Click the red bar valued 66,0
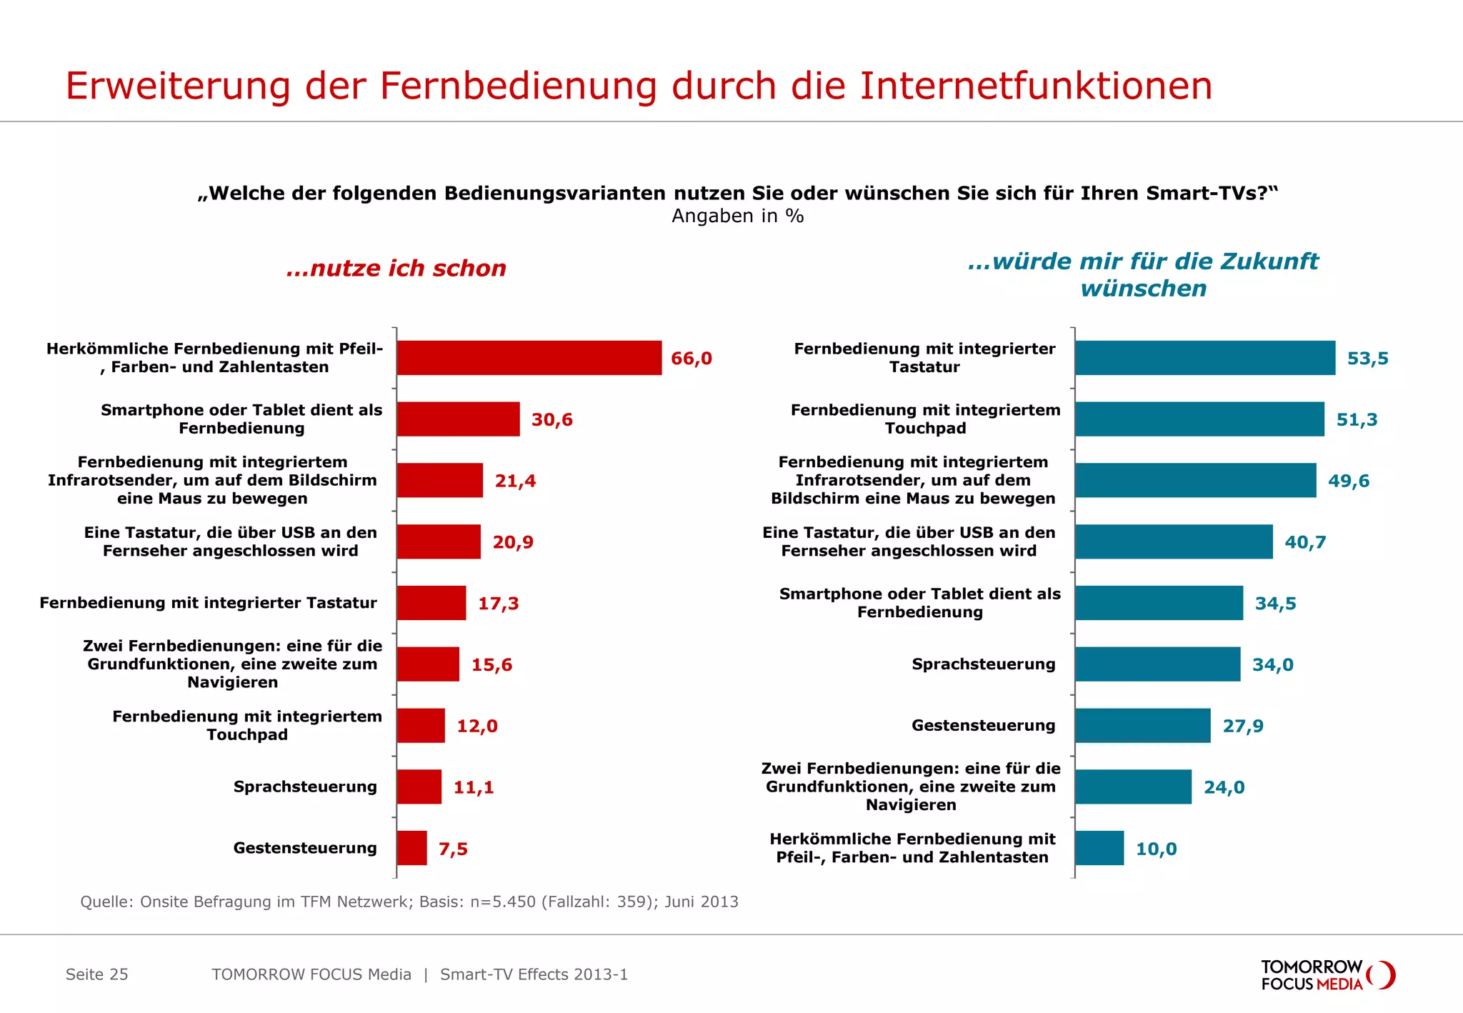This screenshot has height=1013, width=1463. click(x=529, y=358)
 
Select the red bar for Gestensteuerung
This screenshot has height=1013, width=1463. click(x=412, y=848)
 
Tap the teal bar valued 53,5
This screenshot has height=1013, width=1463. click(x=1204, y=358)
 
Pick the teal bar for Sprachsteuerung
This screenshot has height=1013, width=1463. click(x=1157, y=664)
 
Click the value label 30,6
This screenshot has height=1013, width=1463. click(x=551, y=420)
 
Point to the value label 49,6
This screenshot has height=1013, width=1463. click(x=1348, y=481)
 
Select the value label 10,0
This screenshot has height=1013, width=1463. click(x=1156, y=849)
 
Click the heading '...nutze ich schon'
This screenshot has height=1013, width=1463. click(x=396, y=269)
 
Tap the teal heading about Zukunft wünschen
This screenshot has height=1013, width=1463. click(x=1143, y=275)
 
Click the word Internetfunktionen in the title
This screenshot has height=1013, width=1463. click(x=1036, y=86)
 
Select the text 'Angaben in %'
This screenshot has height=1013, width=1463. click(x=737, y=216)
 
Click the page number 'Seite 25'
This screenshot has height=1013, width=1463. click(x=97, y=974)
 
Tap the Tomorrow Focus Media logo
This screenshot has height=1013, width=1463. click(x=1327, y=975)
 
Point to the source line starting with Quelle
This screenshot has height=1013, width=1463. click(x=409, y=902)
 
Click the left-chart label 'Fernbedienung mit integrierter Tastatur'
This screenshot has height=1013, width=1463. click(x=208, y=603)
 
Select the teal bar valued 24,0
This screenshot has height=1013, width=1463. click(x=1133, y=787)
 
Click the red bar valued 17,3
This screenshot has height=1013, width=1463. click(x=431, y=603)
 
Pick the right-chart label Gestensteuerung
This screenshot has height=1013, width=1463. click(x=983, y=726)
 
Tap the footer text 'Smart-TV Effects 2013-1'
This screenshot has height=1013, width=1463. click(x=534, y=974)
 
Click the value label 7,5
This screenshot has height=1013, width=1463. click(x=453, y=849)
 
